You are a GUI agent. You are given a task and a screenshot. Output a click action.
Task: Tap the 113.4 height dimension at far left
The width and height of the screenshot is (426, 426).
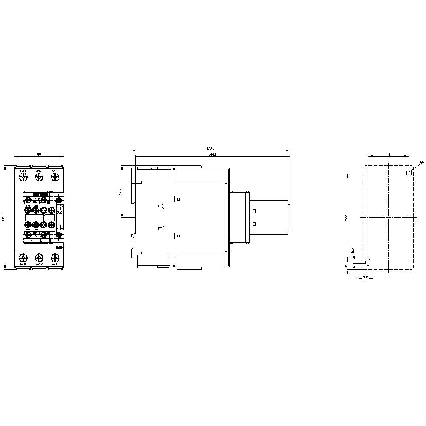[x=4, y=217]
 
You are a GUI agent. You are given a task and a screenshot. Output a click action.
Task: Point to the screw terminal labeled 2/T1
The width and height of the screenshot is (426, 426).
[x=23, y=257]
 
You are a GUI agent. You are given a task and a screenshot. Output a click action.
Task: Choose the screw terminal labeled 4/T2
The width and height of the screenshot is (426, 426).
[x=39, y=257]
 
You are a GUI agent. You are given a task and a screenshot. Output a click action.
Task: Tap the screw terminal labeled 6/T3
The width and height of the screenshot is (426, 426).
[x=55, y=257]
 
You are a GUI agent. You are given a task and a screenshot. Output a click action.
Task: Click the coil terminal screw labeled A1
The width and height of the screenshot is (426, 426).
[x=59, y=200]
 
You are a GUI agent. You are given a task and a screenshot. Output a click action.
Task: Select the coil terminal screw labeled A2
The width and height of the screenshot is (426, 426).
[x=59, y=234]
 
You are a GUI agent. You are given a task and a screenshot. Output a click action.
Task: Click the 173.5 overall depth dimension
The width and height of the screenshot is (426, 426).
[x=210, y=148]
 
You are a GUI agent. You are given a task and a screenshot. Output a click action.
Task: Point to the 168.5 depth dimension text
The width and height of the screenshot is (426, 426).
[x=212, y=154]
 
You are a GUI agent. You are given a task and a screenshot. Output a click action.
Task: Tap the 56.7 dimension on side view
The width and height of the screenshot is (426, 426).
[x=121, y=192]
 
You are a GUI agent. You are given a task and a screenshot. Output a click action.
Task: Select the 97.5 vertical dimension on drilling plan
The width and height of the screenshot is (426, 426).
[x=346, y=217]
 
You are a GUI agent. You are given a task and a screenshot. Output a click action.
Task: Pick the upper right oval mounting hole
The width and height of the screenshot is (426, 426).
[x=409, y=173]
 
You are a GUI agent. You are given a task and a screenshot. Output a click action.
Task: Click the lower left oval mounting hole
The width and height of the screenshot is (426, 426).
[x=368, y=262]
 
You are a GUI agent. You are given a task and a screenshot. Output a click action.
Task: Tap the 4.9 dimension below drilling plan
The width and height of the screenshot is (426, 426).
[x=366, y=277]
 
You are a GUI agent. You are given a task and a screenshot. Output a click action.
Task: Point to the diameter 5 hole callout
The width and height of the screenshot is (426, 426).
[x=421, y=162]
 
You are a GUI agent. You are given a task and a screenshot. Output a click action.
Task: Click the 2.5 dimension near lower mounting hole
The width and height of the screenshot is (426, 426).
[x=352, y=250]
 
